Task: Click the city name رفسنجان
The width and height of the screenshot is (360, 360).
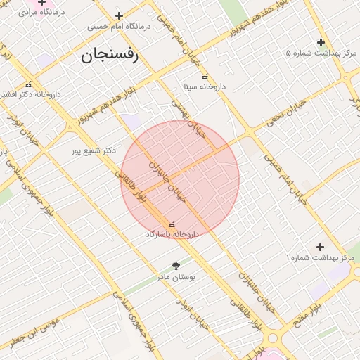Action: click(x=111, y=55)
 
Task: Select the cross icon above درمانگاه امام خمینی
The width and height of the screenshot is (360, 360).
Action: click(x=119, y=15)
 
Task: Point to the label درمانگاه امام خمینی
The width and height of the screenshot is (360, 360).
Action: click(x=120, y=26)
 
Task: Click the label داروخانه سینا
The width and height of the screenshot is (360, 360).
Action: click(x=204, y=87)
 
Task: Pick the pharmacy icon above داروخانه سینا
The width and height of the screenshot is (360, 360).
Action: click(x=205, y=77)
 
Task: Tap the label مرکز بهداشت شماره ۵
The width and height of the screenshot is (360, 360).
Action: click(x=321, y=53)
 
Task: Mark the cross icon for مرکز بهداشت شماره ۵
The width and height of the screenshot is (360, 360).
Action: click(x=321, y=42)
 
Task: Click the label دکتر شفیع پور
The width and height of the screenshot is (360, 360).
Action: click(x=94, y=150)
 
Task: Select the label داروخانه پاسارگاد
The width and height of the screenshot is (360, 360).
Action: click(x=172, y=233)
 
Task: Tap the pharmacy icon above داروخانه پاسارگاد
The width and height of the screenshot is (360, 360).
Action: click(x=172, y=224)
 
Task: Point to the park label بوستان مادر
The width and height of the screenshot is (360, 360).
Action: click(x=175, y=276)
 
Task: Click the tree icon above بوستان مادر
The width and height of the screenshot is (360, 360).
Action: click(x=175, y=266)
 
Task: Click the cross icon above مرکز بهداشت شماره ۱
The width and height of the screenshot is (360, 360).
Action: click(x=320, y=247)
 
